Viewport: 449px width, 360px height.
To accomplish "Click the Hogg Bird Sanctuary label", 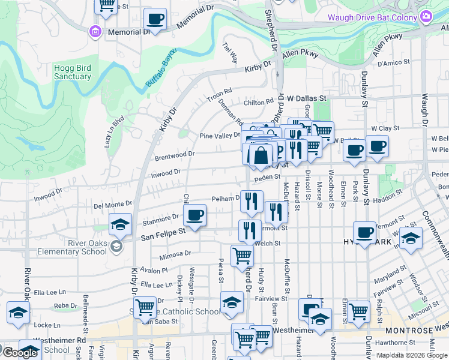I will pos(72,72).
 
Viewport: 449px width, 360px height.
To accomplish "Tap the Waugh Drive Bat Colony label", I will pos(372,17).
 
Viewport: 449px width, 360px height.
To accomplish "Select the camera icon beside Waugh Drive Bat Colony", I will pos(426,17).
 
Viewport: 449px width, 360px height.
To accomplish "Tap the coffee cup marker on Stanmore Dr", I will pos(194,216).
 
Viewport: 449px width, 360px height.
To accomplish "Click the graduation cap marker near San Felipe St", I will pos(121,225).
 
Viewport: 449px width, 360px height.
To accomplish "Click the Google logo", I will pos(19,353).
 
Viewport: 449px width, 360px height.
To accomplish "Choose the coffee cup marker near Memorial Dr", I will pos(155,20).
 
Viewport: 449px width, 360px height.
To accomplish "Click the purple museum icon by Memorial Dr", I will pos(95,31).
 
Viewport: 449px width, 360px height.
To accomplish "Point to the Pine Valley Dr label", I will pos(220,136).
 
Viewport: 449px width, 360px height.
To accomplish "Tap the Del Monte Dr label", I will pos(112,205).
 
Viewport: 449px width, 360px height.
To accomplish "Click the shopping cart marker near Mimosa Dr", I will pos(242,255).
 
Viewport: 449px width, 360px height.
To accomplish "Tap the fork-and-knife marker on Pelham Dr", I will pos(252,200).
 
